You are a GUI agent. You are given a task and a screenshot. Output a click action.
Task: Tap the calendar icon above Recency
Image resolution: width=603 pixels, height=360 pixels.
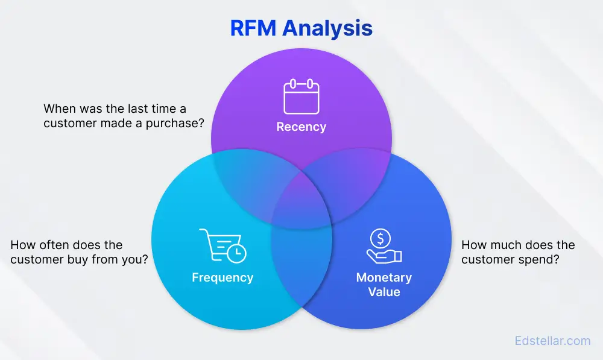point(301,97)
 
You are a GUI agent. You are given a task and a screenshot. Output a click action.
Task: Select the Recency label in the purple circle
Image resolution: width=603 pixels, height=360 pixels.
point(301,127)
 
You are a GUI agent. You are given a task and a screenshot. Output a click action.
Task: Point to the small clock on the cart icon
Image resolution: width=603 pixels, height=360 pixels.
point(238,251)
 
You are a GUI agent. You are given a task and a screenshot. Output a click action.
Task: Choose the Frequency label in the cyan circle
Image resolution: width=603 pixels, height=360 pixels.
point(223,278)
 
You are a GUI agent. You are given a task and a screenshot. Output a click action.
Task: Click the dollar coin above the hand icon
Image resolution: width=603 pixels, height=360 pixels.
point(380,239)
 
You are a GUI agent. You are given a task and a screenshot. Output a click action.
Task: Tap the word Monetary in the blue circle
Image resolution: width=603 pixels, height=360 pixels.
point(384,278)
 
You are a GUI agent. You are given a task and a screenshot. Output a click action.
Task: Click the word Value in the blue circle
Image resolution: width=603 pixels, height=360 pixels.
point(384,292)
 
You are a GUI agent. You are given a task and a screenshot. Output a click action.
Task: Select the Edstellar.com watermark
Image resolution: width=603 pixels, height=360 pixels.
point(552,341)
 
